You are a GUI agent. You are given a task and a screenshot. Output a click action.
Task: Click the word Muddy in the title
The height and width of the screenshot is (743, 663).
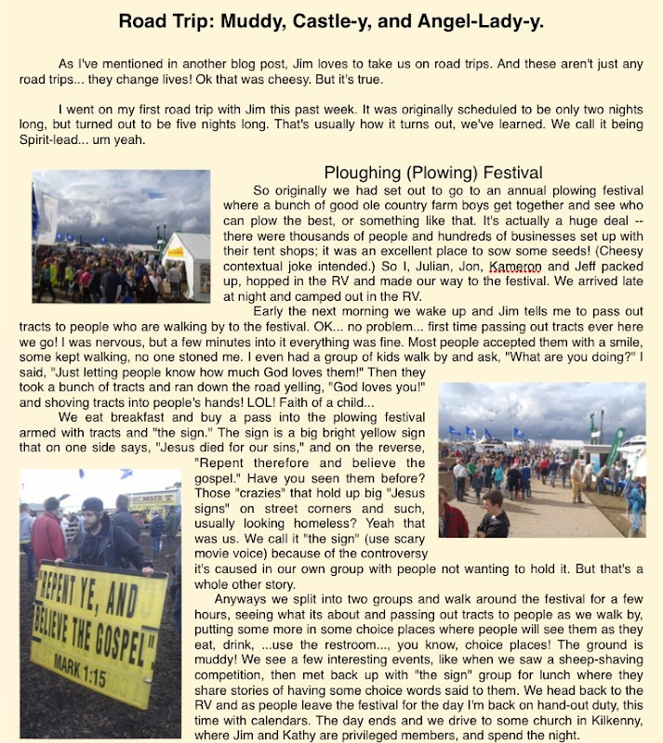(x=296, y=20)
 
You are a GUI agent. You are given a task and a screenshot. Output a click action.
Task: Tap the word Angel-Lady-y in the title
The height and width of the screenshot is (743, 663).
(x=477, y=20)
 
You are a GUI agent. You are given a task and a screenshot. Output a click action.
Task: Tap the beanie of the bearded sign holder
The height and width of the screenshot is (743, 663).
(x=92, y=505)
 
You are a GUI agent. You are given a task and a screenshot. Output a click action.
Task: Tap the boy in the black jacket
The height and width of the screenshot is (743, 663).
(x=493, y=515)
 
